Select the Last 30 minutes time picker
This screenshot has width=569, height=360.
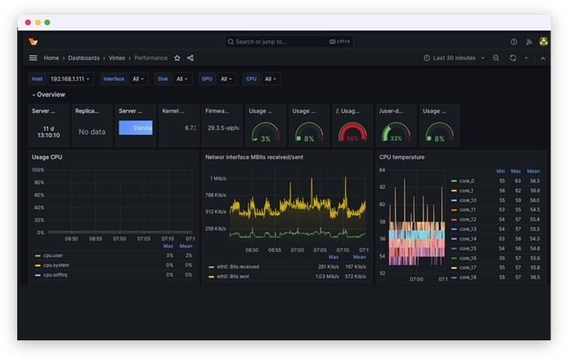point(454,58)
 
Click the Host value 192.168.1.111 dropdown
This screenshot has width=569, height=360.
point(72,79)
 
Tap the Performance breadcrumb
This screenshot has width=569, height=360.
point(151,58)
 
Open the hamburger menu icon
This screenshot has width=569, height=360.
point(33,58)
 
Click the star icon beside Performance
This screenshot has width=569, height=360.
point(177,58)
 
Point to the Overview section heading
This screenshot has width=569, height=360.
point(51,95)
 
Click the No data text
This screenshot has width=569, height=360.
point(92,132)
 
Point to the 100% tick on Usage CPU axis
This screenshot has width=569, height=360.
point(38,170)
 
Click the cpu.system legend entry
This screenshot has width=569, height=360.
point(56,265)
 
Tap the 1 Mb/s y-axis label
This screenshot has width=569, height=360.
point(217,178)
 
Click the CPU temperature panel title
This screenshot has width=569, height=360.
point(401,157)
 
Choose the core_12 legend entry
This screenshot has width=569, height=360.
point(468,219)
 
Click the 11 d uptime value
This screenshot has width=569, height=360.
point(48,128)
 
